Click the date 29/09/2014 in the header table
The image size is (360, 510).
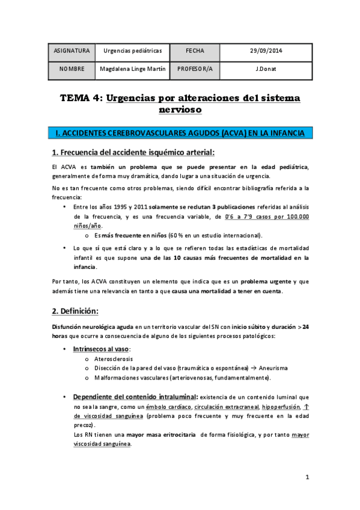pos(266,52)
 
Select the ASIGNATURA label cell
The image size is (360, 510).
pos(72,52)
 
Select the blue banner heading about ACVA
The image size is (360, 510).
pos(180,132)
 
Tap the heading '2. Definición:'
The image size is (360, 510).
pos(75,311)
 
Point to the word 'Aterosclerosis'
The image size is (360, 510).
pos(114,359)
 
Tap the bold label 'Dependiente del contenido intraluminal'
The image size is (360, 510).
pos(135,397)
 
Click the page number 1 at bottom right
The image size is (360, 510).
pos(307,478)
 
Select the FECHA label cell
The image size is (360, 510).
pos(195,52)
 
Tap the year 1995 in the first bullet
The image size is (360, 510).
pos(123,207)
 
